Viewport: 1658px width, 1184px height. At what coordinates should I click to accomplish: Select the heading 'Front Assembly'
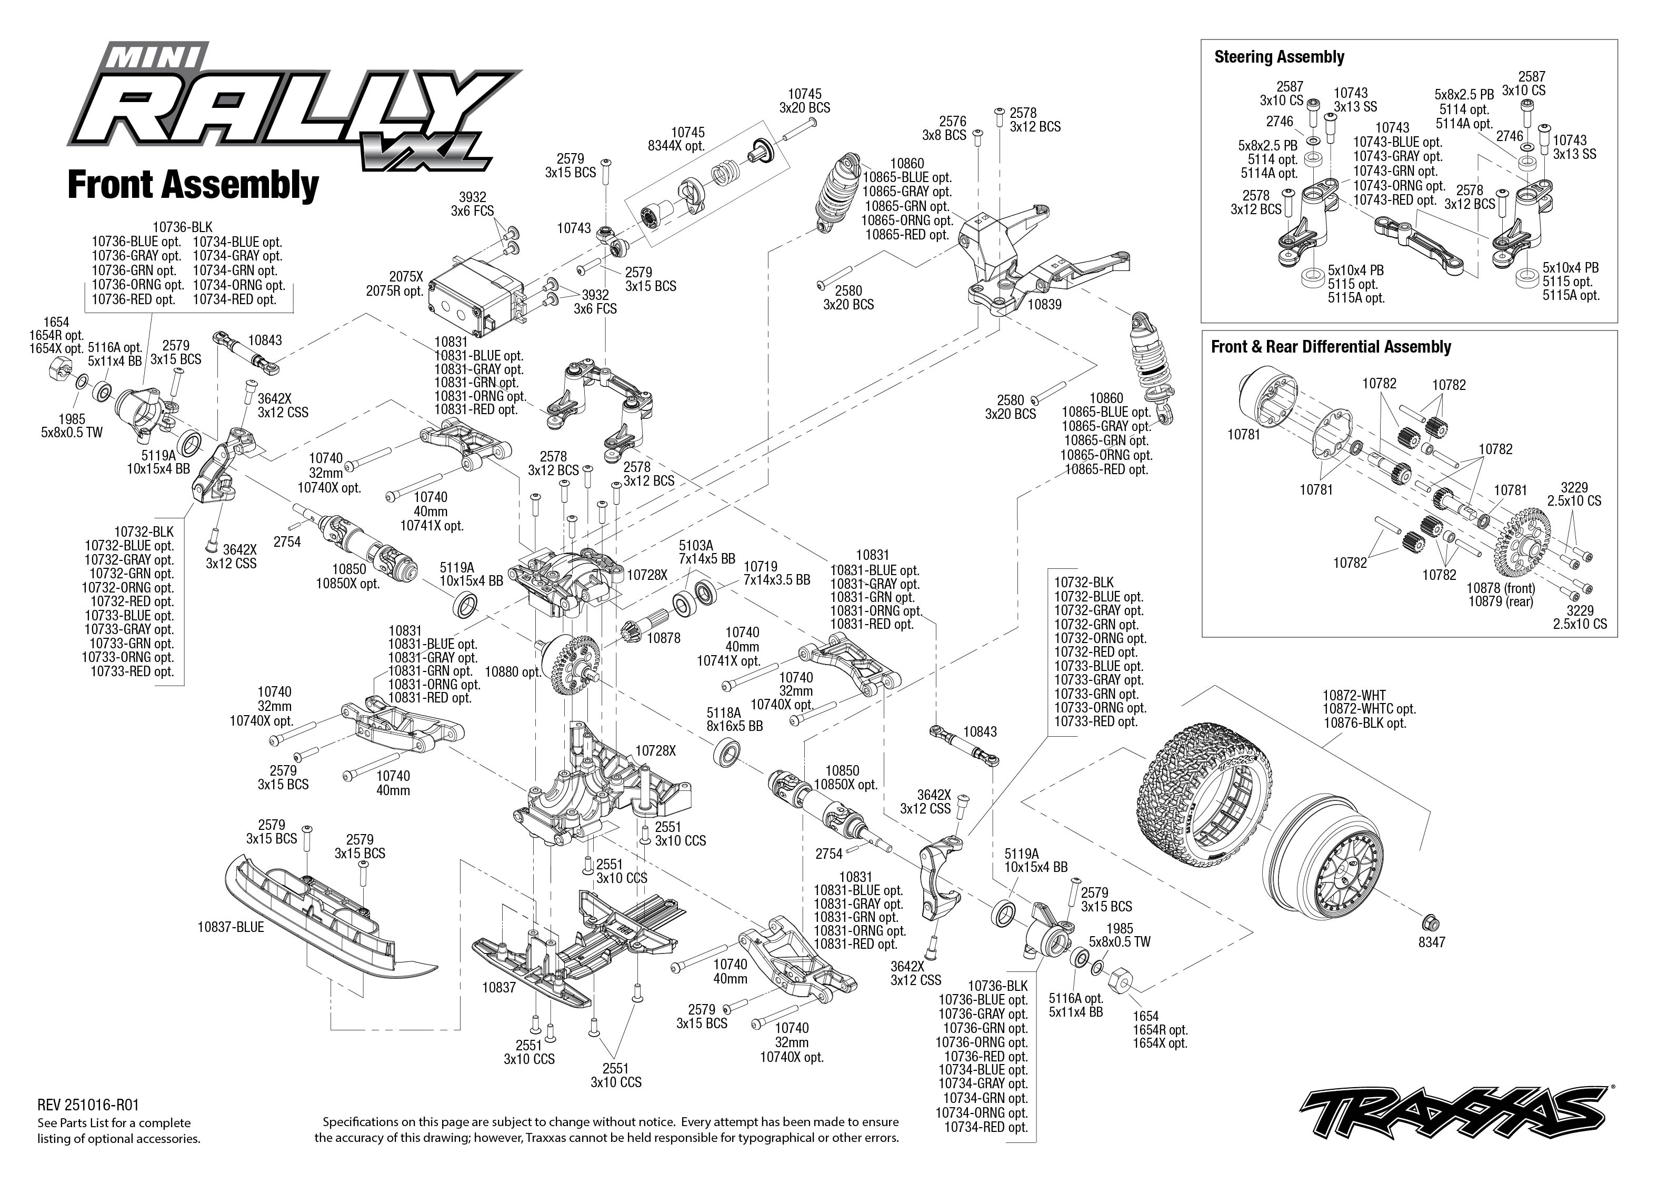tap(193, 185)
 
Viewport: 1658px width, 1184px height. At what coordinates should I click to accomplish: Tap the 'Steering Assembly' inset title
tap(1279, 57)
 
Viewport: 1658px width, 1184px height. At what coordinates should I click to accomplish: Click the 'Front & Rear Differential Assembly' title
tap(1331, 346)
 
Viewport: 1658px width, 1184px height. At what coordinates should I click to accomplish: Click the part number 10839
tap(1044, 305)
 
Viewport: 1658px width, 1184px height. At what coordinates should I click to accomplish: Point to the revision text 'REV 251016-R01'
tap(87, 1105)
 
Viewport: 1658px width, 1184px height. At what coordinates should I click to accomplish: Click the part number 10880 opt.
tap(513, 671)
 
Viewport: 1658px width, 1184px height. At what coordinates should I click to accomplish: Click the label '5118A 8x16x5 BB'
tap(734, 719)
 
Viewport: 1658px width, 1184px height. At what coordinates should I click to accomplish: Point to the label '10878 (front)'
tap(1501, 588)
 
